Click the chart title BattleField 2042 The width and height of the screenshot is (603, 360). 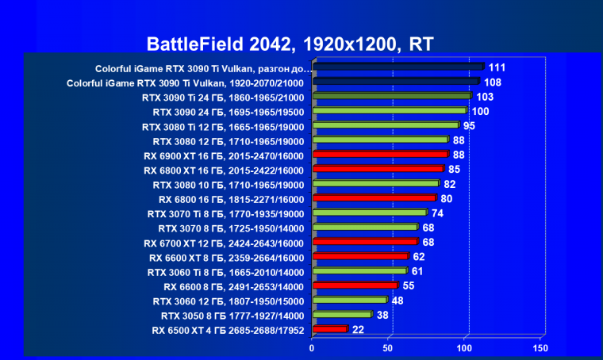pyautogui.click(x=290, y=43)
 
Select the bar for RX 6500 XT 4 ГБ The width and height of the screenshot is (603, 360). pyautogui.click(x=330, y=329)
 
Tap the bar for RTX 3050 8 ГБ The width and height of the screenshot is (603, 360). pyautogui.click(x=342, y=314)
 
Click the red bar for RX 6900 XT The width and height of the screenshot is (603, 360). pyautogui.click(x=381, y=154)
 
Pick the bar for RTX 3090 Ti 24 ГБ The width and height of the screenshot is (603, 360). pyautogui.click(x=392, y=96)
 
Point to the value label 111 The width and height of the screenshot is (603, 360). pyautogui.click(x=497, y=67)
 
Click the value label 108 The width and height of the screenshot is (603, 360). pyautogui.click(x=493, y=82)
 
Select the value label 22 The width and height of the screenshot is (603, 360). pyautogui.click(x=359, y=329)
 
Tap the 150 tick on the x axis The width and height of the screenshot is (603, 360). pyautogui.click(x=540, y=349)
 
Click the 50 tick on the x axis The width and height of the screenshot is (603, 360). pyautogui.click(x=389, y=349)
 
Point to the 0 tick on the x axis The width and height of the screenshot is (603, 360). pyautogui.click(x=313, y=349)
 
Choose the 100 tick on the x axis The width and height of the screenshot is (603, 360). pyautogui.click(x=464, y=349)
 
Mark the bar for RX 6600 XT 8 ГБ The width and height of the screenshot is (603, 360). pyautogui.click(x=360, y=256)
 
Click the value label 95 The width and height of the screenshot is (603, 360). pyautogui.click(x=469, y=125)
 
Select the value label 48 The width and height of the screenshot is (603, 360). pyautogui.click(x=398, y=301)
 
